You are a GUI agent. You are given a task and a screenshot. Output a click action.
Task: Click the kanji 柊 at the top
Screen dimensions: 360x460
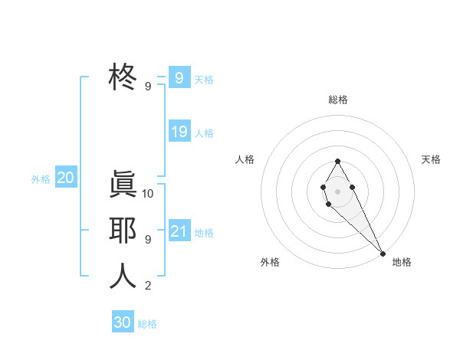point(123,77)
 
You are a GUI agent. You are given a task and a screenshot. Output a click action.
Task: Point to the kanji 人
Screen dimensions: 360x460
point(123,276)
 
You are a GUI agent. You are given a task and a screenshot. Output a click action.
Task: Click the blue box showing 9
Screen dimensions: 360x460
point(179,77)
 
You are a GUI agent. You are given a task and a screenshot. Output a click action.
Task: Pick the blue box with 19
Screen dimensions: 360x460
point(179,132)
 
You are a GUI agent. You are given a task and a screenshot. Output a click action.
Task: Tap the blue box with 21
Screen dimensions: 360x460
point(179,231)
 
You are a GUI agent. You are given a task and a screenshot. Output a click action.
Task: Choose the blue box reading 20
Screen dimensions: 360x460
point(65,178)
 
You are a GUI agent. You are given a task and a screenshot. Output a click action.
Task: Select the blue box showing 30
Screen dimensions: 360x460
point(123,322)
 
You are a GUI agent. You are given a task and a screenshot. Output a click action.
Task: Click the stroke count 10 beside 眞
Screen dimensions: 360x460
point(148,194)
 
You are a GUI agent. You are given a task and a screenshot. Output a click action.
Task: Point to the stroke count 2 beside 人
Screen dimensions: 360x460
point(147,286)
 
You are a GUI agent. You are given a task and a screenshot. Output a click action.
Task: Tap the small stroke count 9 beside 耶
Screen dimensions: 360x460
point(147,240)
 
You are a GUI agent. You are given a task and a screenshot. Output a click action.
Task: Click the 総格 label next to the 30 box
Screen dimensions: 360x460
point(147,324)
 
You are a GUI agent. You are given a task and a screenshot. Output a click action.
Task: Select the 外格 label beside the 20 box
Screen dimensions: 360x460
point(41,180)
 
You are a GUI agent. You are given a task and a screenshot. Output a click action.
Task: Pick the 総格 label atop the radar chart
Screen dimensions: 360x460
point(338,100)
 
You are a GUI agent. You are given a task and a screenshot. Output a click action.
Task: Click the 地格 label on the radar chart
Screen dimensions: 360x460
point(402,262)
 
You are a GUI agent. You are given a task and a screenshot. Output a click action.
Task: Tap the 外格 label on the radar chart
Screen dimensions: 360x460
point(270,262)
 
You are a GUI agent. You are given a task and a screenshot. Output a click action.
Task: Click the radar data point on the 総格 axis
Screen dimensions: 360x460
point(337,162)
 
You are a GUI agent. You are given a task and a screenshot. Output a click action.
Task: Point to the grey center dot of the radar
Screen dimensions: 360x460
point(337,191)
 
